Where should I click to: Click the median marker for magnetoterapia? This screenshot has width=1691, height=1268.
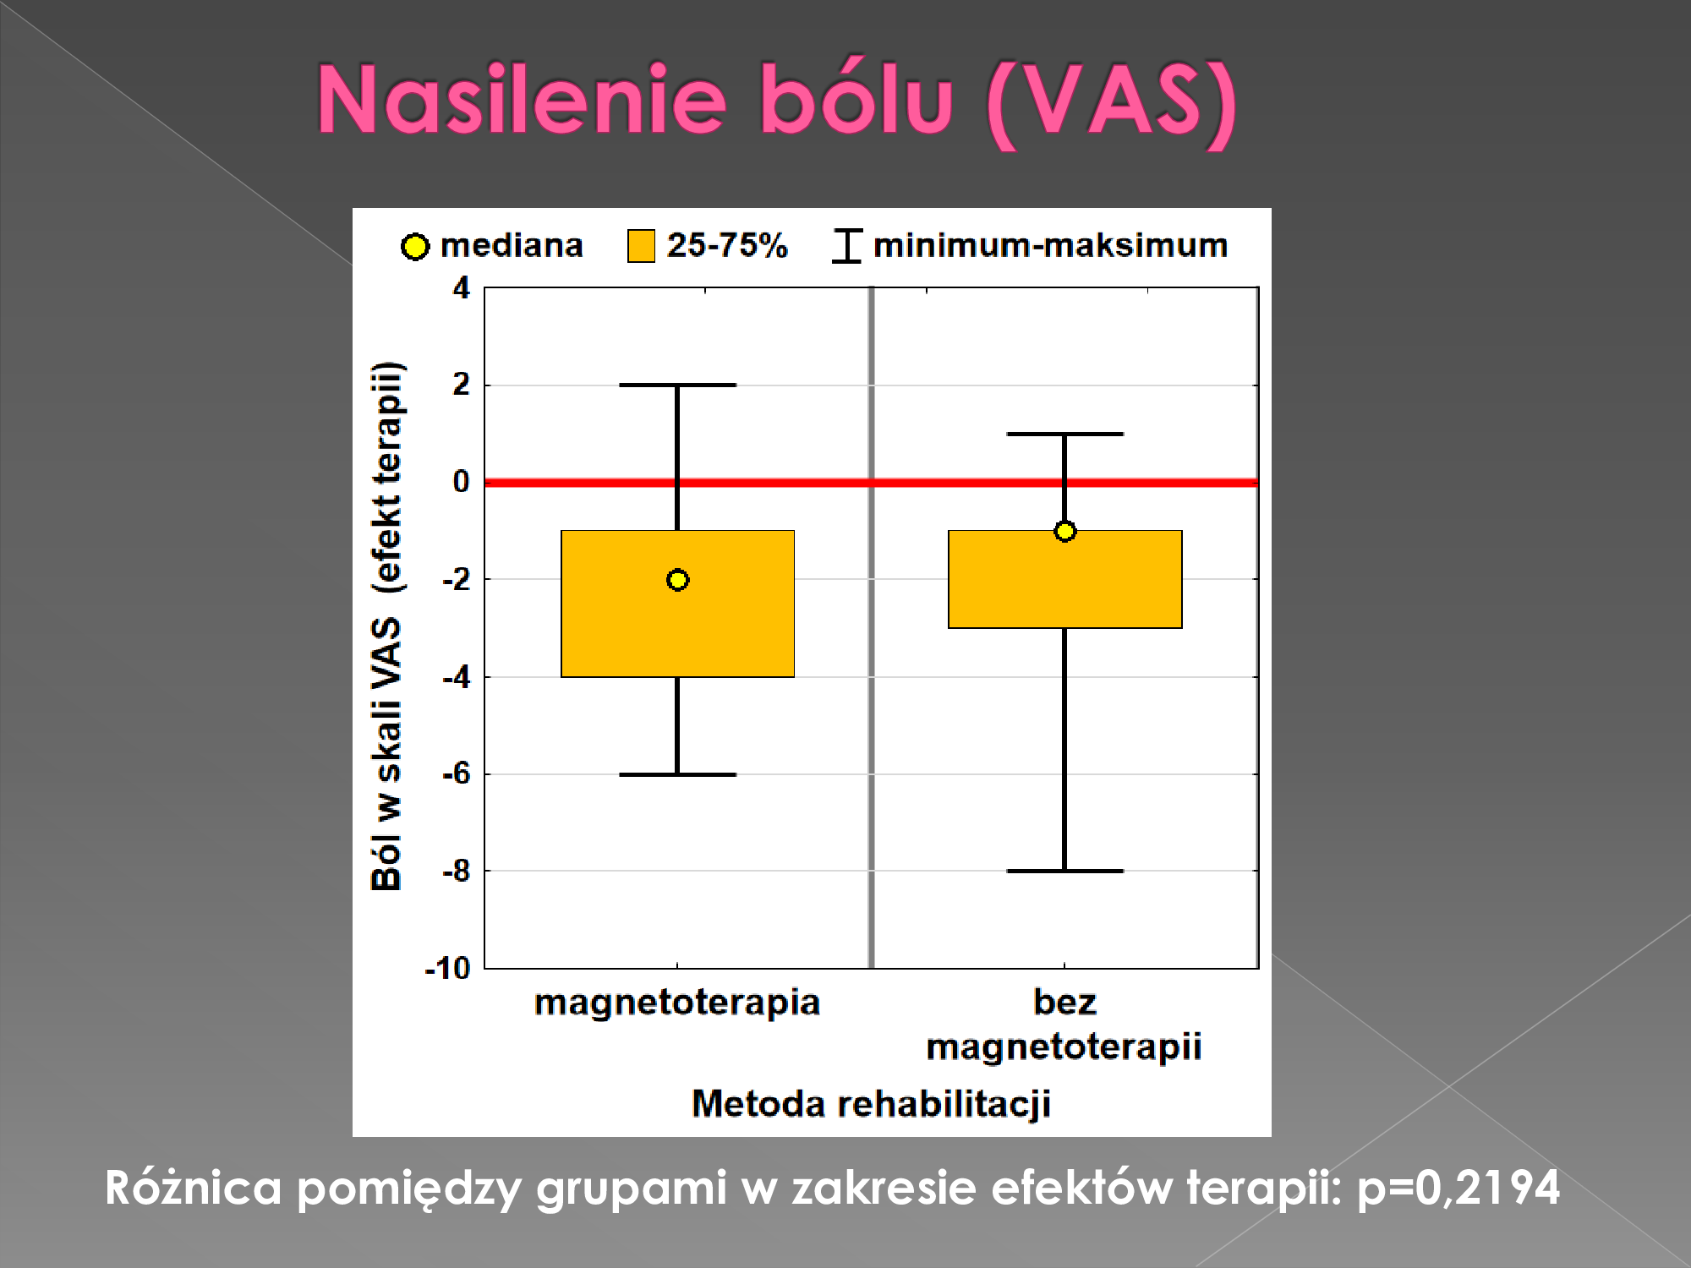coord(677,580)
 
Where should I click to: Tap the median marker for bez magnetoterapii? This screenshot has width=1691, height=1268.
coord(1064,531)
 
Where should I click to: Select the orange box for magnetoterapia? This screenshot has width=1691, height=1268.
coord(677,604)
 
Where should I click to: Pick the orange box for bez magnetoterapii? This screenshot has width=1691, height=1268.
coord(1064,579)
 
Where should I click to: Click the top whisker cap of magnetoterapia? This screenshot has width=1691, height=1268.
coord(677,385)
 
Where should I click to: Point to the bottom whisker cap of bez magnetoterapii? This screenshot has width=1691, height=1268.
coord(1064,871)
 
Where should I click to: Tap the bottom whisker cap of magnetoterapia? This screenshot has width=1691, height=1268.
coord(677,774)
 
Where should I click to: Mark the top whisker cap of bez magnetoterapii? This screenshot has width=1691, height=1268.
coord(1064,434)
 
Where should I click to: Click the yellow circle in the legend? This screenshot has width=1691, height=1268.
coord(414,246)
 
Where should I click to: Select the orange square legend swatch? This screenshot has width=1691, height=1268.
coord(641,246)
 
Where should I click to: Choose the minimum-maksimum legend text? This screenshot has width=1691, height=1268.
coord(1050,245)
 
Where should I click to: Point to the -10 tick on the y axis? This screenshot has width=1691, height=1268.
coord(447,968)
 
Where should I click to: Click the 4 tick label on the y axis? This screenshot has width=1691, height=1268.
coord(461,288)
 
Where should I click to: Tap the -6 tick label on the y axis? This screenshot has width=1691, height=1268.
coord(457,773)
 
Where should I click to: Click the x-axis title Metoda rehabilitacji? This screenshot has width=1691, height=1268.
coord(871,1104)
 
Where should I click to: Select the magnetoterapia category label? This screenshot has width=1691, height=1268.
coord(677,1003)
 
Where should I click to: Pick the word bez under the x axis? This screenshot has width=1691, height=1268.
coord(1064,1003)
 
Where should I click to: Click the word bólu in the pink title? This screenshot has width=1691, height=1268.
coord(856,99)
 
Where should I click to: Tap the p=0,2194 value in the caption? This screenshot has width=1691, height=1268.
coord(1458,1188)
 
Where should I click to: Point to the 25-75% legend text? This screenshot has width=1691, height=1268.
coord(727,245)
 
